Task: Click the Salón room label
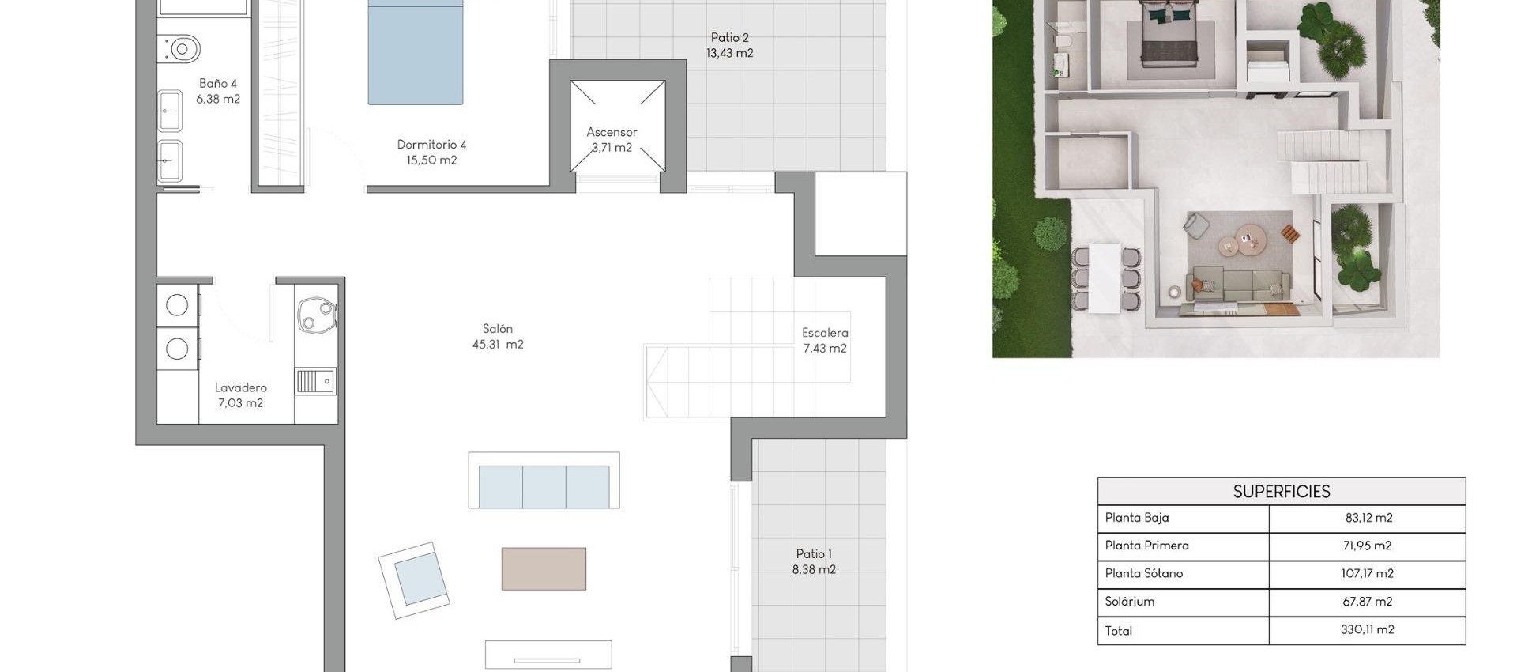click(x=498, y=329)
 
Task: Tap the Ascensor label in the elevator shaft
click(x=612, y=132)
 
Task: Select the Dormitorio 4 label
click(x=431, y=145)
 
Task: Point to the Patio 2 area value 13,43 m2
click(x=729, y=53)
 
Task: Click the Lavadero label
click(x=240, y=387)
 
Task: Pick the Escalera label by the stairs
click(x=825, y=333)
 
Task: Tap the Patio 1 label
click(x=814, y=554)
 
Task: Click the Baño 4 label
click(x=217, y=83)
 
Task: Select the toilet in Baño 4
click(x=180, y=50)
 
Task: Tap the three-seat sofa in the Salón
click(x=544, y=485)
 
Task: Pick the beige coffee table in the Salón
click(x=544, y=568)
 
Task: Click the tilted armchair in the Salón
click(x=415, y=580)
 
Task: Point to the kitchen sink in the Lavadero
click(x=315, y=382)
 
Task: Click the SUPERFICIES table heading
click(x=1281, y=491)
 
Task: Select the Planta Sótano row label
click(x=1143, y=573)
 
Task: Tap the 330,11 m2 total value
click(x=1367, y=630)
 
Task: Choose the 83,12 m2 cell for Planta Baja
click(x=1368, y=518)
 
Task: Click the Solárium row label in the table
click(x=1129, y=602)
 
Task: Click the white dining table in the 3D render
click(x=1105, y=277)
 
